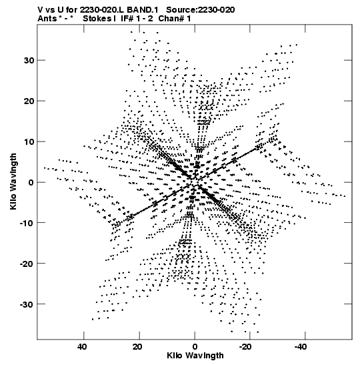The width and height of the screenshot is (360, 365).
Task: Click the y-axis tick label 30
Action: pyautogui.click(x=29, y=60)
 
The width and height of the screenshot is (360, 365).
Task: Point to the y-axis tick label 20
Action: pyautogui.click(x=29, y=101)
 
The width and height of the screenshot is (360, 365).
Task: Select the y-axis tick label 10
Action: pyautogui.click(x=29, y=141)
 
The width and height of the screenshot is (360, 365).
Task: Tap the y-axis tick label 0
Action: pyautogui.click(x=31, y=182)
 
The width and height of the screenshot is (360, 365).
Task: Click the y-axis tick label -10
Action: pyautogui.click(x=27, y=223)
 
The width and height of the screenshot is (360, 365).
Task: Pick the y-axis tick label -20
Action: pyautogui.click(x=27, y=264)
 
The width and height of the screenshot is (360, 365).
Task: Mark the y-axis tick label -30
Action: pyautogui.click(x=27, y=304)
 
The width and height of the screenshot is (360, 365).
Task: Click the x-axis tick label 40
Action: pyautogui.click(x=82, y=347)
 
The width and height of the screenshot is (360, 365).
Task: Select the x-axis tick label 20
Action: pyautogui.click(x=138, y=347)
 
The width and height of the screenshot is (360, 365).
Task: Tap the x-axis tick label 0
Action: pyautogui.click(x=195, y=347)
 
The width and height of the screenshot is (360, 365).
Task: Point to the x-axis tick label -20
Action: pyautogui.click(x=246, y=347)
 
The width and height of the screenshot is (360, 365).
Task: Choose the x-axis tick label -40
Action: pyautogui.click(x=301, y=347)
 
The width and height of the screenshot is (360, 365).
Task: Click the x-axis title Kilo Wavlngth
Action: pyautogui.click(x=195, y=356)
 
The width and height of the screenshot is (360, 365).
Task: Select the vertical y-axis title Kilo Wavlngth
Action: pyautogui.click(x=13, y=181)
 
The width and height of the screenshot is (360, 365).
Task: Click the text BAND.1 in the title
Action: pyautogui.click(x=143, y=10)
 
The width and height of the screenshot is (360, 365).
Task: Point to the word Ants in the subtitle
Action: pyautogui.click(x=47, y=19)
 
